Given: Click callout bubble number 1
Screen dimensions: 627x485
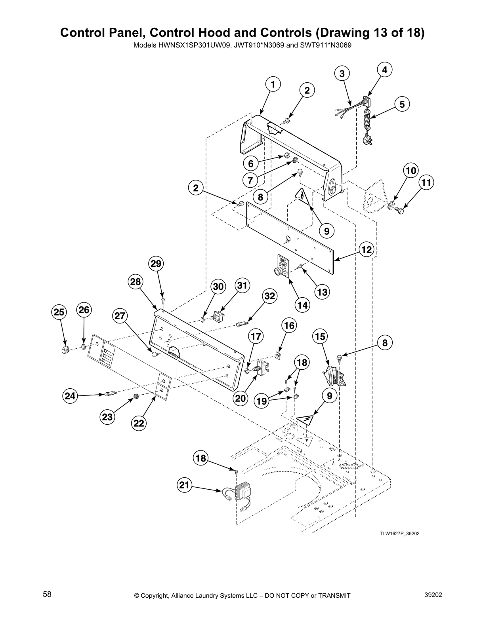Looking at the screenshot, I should point(272,84).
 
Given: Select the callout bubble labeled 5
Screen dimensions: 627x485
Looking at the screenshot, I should point(402,104).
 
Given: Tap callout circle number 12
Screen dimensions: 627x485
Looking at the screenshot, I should point(367,249).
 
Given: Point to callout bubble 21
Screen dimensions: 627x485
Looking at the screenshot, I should point(184,485).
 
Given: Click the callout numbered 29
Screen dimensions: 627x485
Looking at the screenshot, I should point(156,264).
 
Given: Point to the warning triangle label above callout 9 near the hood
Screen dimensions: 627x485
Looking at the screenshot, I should point(302,196).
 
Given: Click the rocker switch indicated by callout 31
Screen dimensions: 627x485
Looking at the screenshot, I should point(218,316).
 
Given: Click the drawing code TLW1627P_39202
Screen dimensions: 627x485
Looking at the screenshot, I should point(400,534).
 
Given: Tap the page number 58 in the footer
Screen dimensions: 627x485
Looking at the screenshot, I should point(47,595).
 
